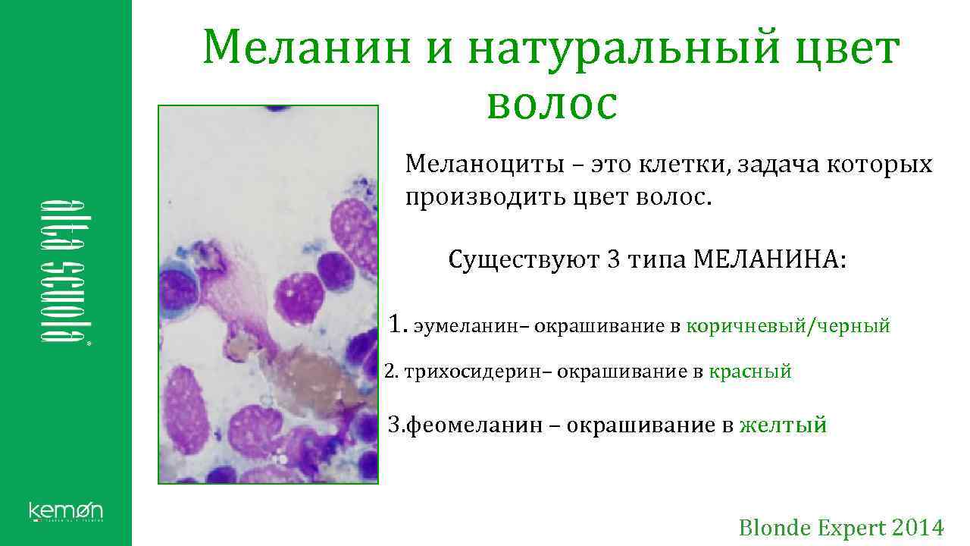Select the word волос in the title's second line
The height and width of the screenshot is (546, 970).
pyautogui.click(x=552, y=104)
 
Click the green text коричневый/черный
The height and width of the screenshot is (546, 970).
pyautogui.click(x=788, y=327)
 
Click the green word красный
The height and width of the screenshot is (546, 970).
pyautogui.click(x=750, y=372)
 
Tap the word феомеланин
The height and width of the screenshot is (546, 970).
pyautogui.click(x=475, y=425)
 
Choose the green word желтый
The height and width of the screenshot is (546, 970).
pyautogui.click(x=783, y=425)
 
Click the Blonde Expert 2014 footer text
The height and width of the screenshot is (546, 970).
pyautogui.click(x=841, y=527)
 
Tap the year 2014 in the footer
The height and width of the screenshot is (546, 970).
pyautogui.click(x=918, y=527)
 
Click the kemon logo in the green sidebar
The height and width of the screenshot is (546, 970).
pyautogui.click(x=66, y=511)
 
